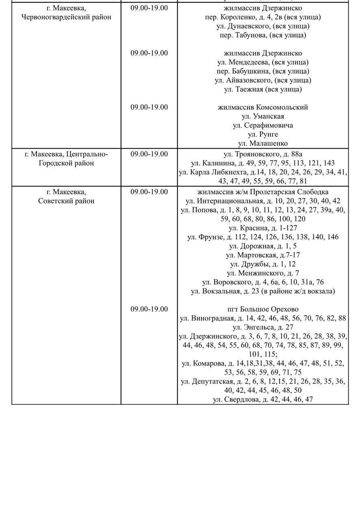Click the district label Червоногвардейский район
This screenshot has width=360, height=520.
tap(66, 17)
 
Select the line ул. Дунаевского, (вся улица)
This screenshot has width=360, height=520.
tap(263, 26)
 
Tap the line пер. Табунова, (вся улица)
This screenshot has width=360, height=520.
tap(263, 35)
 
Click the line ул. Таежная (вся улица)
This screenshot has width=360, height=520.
tap(263, 89)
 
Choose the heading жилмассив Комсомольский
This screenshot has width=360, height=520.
tap(263, 107)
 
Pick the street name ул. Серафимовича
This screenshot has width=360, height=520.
tap(263, 125)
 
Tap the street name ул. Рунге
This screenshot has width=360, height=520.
tap(263, 134)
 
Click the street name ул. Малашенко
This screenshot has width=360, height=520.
tap(263, 143)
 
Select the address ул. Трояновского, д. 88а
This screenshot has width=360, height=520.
tap(263, 154)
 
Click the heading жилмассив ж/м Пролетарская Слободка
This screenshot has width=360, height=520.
tap(263, 192)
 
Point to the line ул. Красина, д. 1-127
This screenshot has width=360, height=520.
tap(263, 228)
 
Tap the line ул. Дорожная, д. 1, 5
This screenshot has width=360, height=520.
tap(263, 246)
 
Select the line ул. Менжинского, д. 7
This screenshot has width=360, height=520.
tap(263, 273)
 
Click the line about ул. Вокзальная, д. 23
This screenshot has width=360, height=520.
tap(263, 291)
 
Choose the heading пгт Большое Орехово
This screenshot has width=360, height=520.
tap(263, 309)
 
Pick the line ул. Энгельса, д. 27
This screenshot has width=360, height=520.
tap(263, 327)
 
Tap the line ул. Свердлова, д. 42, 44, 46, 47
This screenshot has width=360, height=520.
tap(263, 399)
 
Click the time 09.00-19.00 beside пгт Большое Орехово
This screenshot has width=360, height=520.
tap(149, 309)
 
